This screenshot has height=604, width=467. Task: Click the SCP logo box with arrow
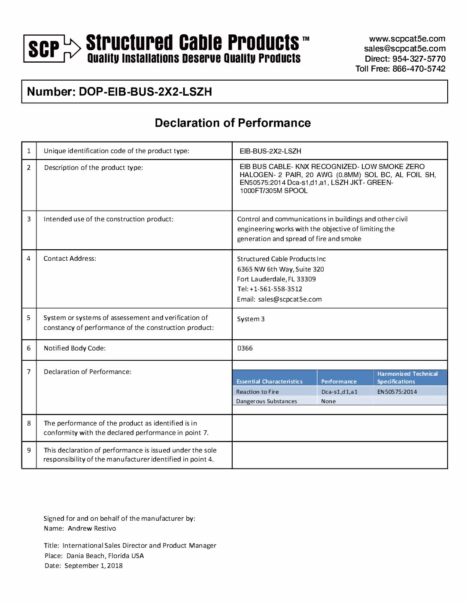point(52,48)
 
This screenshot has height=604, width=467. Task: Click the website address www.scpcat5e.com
point(407,39)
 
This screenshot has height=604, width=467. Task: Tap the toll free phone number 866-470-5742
point(418,69)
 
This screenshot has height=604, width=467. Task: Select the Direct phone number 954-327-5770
point(418,59)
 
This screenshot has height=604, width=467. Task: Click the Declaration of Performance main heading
point(233,123)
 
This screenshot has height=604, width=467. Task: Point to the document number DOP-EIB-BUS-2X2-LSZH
point(145,92)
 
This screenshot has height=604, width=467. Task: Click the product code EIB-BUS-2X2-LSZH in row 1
point(270,151)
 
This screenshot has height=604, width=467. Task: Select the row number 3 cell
point(29,219)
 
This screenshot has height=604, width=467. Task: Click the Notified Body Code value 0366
point(245,348)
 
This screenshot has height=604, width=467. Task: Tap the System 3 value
point(251,319)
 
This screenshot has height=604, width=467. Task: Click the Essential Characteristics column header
point(270,381)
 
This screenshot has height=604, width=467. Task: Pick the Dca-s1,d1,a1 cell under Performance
point(339,392)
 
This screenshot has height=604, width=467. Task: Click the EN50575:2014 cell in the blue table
point(397,392)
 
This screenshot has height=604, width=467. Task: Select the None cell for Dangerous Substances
point(328,402)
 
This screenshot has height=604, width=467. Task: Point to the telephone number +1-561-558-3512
point(276,289)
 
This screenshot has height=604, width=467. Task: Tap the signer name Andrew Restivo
point(92,528)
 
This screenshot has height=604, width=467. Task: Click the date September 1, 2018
point(94,566)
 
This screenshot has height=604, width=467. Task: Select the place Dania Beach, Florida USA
point(105,556)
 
